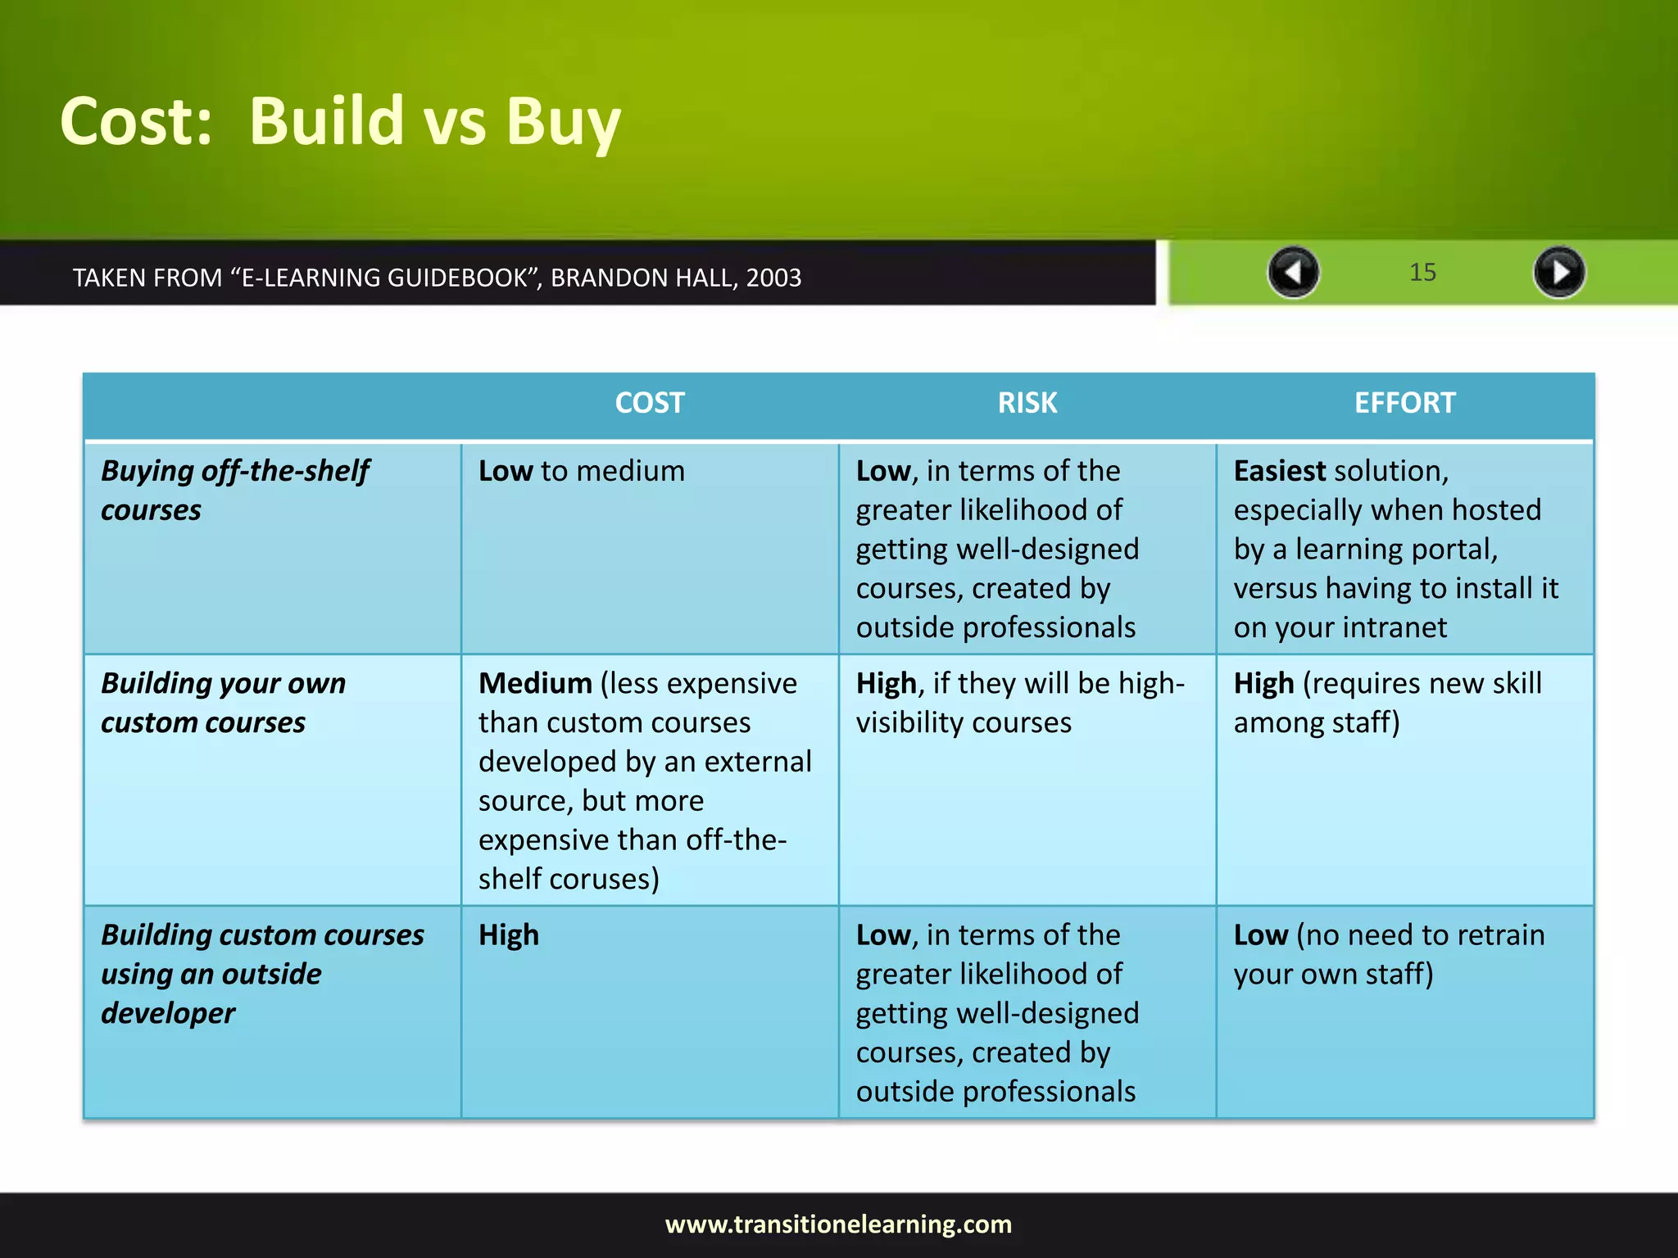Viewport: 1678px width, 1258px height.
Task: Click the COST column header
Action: click(650, 403)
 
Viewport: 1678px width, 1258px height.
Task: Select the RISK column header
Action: click(1027, 403)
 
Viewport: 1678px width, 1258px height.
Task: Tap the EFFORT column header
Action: click(1404, 403)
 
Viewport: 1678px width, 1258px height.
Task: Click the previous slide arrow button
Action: click(1293, 272)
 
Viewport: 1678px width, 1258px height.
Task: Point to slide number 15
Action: click(1422, 273)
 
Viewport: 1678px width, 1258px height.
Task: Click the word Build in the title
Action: click(327, 121)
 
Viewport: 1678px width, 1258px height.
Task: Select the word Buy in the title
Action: click(563, 123)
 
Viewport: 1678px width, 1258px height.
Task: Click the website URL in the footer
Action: click(838, 1224)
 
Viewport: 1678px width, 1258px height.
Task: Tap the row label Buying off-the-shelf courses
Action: click(234, 490)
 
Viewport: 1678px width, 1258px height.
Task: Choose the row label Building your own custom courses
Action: click(223, 703)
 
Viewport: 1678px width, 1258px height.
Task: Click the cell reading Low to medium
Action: click(581, 471)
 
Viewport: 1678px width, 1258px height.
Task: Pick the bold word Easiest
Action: click(1279, 471)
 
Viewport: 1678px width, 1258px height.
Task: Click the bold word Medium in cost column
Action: click(535, 683)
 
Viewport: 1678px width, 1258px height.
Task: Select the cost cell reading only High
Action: click(509, 934)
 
